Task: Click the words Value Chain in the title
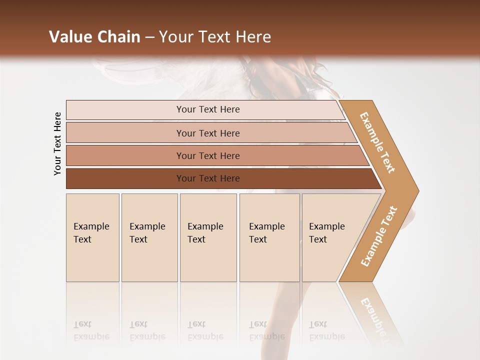[x=94, y=37]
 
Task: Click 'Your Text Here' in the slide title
[x=215, y=37]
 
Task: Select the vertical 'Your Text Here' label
[x=57, y=143]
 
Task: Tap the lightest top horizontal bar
[x=208, y=109]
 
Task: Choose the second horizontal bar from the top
[x=208, y=133]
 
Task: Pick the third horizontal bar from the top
[x=208, y=155]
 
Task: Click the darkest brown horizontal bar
[x=208, y=178]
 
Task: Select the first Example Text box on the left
[x=92, y=237]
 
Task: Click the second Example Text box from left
[x=149, y=237]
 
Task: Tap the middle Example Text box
[x=208, y=237]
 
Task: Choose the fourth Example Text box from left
[x=269, y=237]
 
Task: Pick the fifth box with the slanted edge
[x=330, y=237]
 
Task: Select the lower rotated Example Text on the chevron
[x=379, y=236]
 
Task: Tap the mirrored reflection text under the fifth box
[x=326, y=330]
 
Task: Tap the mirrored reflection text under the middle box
[x=205, y=330]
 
